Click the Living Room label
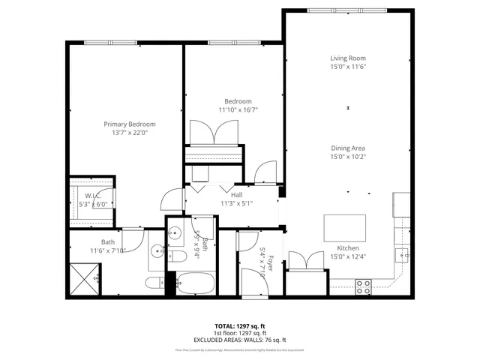347,58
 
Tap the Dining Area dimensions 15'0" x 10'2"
347,157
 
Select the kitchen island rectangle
345,226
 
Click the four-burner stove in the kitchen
363,286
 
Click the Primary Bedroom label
130,124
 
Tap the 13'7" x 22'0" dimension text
130,133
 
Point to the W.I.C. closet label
82,195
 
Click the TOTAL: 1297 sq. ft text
240,326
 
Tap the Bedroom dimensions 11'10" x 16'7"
238,109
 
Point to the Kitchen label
347,248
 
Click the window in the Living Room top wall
347,10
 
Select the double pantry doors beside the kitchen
306,262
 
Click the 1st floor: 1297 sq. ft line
240,333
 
